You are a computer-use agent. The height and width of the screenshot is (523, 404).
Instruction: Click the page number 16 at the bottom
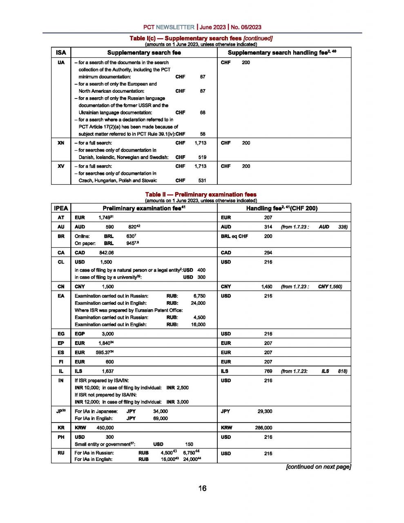coord(202,488)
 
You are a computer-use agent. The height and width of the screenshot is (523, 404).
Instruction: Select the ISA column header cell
coord(61,53)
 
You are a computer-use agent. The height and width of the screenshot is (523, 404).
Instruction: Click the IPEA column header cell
coord(61,208)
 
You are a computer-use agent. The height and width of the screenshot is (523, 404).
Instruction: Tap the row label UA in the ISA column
coord(61,63)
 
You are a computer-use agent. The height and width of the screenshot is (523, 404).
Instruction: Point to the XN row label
coord(61,143)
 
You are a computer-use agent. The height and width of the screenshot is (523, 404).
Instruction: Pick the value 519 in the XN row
coord(202,157)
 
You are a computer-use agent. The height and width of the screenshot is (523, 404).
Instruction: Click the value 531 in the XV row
coord(202,181)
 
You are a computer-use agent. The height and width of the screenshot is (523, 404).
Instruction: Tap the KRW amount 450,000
coord(105,428)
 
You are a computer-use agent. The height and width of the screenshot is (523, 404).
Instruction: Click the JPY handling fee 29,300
coord(265,411)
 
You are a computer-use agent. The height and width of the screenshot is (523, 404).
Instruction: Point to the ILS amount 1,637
coord(108,371)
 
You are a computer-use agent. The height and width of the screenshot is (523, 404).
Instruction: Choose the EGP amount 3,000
coord(108,334)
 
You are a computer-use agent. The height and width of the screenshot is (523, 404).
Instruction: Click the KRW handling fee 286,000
coord(263,428)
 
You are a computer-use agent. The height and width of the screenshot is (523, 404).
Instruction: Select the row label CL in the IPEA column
coord(61,262)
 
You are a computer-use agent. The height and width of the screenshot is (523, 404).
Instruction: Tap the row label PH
coord(61,437)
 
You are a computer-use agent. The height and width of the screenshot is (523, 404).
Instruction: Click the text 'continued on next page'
coord(318,467)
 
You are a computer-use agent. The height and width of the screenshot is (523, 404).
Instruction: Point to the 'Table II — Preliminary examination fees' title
coord(201,194)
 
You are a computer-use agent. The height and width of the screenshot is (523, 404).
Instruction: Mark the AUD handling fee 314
coord(268,227)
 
